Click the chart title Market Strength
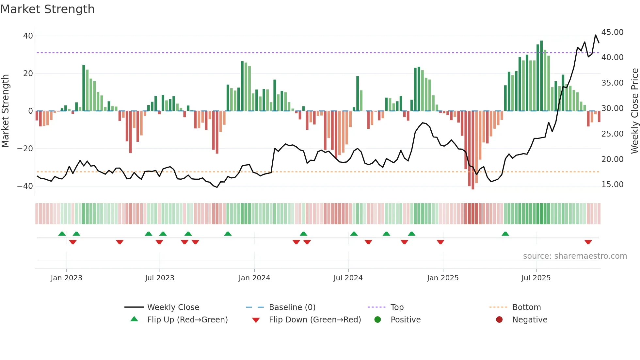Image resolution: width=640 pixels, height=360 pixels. point(47,9)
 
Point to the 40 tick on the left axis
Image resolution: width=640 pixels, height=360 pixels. point(28,36)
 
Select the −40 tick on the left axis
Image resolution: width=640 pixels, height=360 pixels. point(25,186)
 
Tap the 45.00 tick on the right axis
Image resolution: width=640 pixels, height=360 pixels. point(612,32)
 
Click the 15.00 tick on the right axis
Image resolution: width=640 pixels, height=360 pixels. point(612,185)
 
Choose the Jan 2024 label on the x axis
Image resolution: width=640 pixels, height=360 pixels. point(254,278)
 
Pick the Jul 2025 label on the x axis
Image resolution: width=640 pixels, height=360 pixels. point(536,278)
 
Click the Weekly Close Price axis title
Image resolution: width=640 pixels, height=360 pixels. point(634,111)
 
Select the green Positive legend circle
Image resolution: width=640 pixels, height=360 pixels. point(377,319)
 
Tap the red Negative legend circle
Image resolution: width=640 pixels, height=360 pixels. point(499,319)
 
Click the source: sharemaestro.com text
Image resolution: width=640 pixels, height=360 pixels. point(575,256)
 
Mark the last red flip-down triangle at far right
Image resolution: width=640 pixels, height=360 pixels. point(588,242)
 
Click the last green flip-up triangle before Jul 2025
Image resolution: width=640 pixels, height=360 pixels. point(505,234)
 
